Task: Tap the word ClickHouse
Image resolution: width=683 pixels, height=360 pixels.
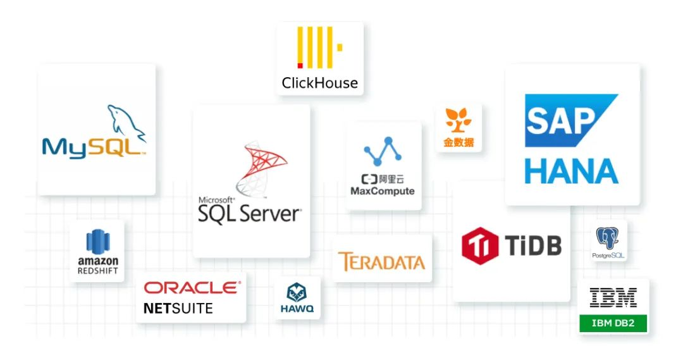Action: coord(320,83)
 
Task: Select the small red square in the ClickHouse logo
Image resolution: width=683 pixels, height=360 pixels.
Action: coord(300,66)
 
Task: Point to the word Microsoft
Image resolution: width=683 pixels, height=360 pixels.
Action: coord(216,199)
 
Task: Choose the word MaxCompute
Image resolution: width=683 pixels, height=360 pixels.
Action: coord(383,191)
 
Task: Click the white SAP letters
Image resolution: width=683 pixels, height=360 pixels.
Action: coord(560,121)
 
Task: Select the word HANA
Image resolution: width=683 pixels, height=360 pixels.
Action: coord(572,171)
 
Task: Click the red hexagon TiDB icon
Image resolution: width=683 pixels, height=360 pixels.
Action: coord(480,246)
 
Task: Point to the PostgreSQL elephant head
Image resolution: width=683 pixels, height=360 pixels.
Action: coord(608,239)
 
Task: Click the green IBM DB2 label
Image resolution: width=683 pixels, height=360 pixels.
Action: coord(613,323)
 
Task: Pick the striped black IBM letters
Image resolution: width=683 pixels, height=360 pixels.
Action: coord(613,297)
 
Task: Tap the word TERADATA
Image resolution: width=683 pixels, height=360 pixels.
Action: coord(381,261)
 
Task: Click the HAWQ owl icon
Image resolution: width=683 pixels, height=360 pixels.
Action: coord(297,292)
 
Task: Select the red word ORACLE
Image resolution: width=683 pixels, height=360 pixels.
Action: coord(192,288)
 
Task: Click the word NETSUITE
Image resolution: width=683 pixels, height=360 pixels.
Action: coord(178,309)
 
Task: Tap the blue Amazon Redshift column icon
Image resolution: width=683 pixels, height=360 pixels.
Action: coord(98,242)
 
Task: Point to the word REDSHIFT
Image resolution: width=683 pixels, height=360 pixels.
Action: coord(98,271)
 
